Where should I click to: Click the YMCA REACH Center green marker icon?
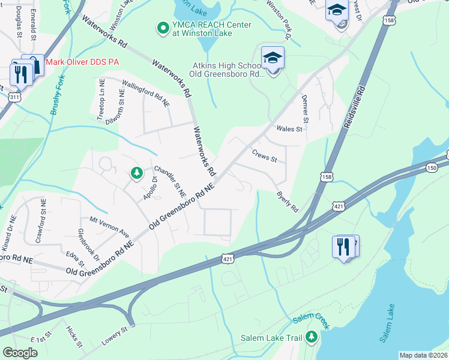pos(161,28)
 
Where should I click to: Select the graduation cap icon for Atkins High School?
pos(273,58)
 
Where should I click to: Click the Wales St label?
pos(289,128)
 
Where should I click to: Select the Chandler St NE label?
pos(170,181)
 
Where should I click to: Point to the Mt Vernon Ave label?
pos(109,226)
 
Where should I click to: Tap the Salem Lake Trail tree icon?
pos(311,338)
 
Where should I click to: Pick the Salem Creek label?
pos(312,321)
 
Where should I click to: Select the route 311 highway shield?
pos(14,97)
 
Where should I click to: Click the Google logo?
pos(20,353)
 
